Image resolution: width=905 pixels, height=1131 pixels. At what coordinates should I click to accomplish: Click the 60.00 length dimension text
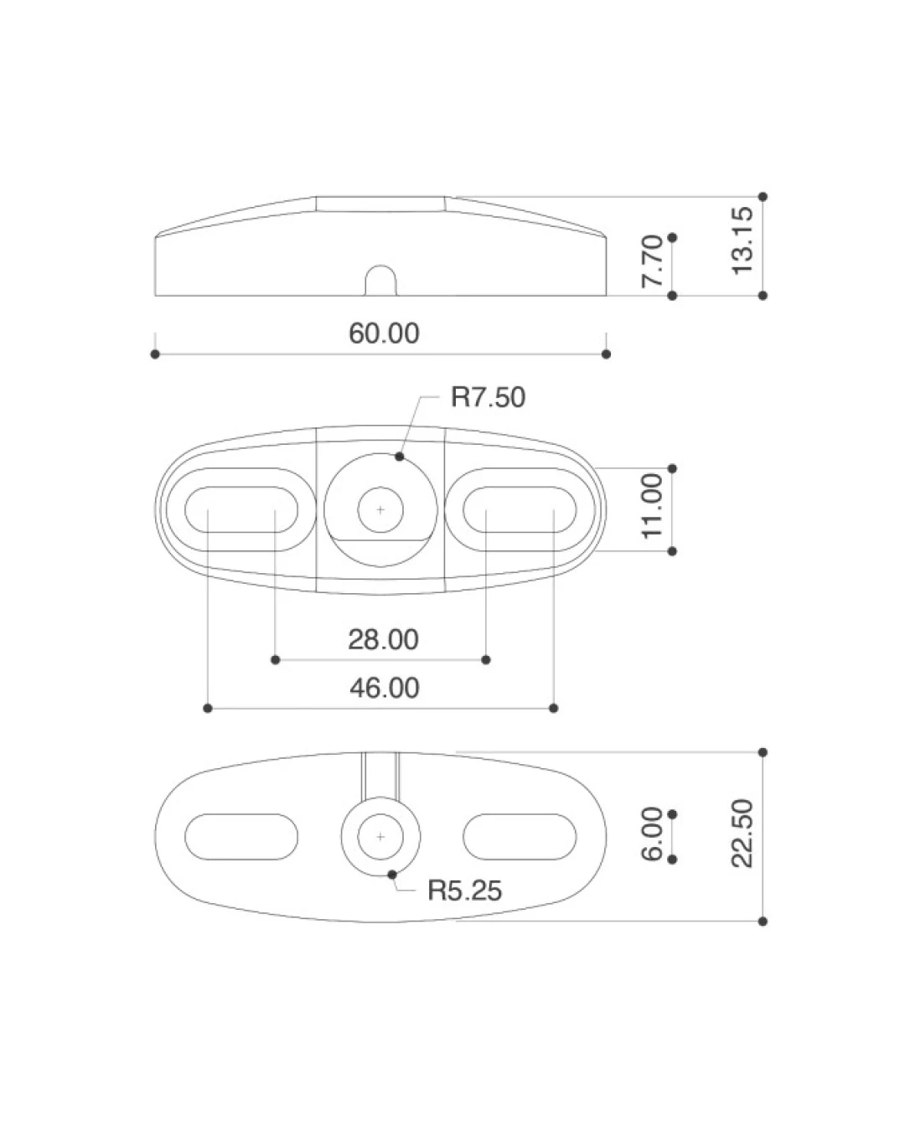pyautogui.click(x=384, y=333)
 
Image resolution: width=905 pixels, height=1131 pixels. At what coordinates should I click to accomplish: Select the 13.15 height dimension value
pyautogui.click(x=742, y=240)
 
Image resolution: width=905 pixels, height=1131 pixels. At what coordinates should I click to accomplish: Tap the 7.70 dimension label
pyautogui.click(x=652, y=261)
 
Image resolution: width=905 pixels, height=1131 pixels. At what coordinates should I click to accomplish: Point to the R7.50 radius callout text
pyautogui.click(x=488, y=397)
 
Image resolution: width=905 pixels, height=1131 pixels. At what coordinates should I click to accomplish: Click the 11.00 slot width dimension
pyautogui.click(x=652, y=505)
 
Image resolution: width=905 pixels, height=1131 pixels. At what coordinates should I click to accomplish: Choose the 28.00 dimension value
pyautogui.click(x=383, y=639)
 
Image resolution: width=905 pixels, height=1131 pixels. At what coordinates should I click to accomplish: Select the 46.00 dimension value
pyautogui.click(x=385, y=688)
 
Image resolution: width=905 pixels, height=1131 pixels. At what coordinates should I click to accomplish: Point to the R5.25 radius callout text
pyautogui.click(x=465, y=891)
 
